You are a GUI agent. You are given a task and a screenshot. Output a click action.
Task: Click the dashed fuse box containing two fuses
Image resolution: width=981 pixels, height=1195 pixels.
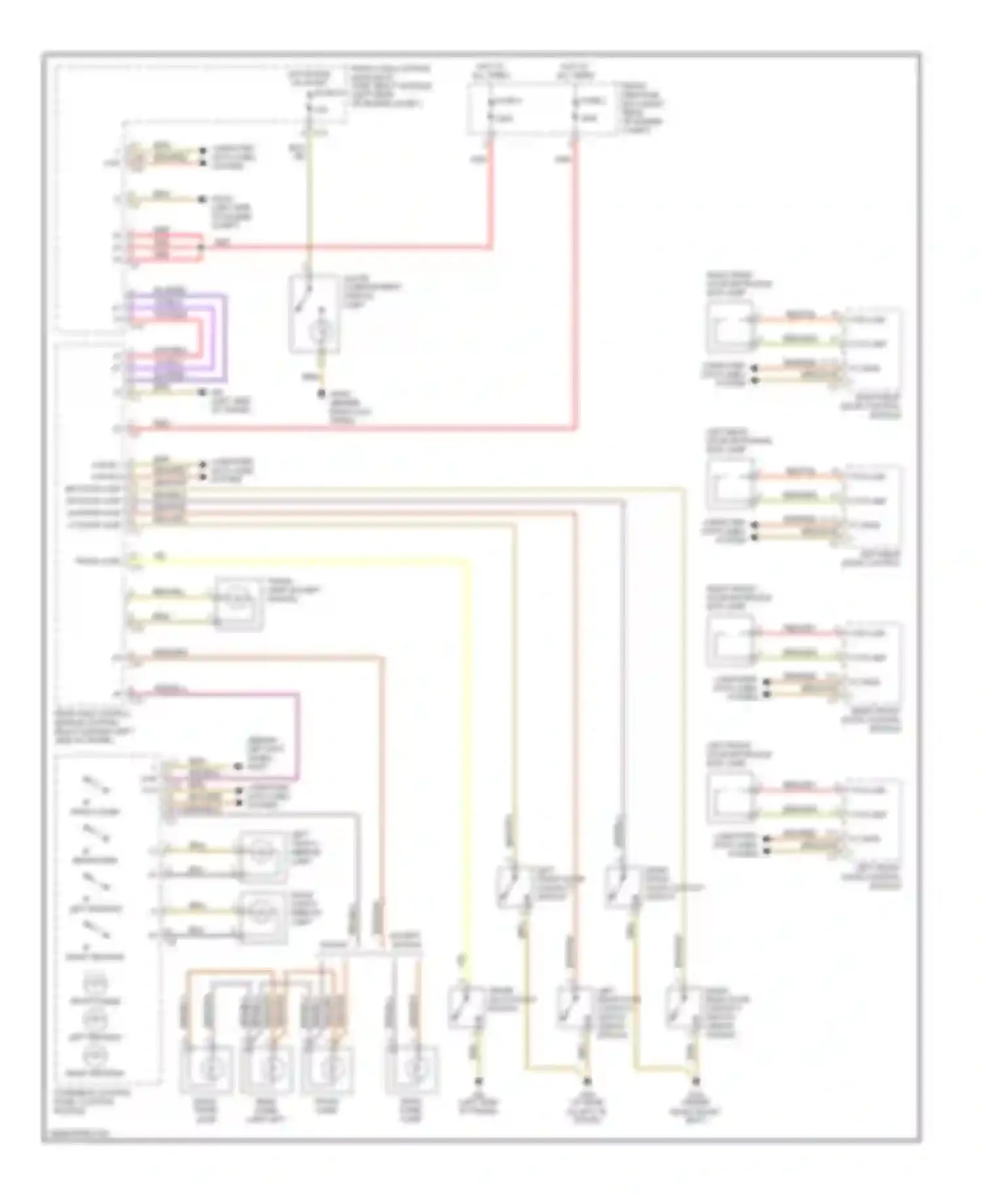[x=541, y=109]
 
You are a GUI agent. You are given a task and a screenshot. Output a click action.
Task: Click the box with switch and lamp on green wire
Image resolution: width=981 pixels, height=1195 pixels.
[x=315, y=314]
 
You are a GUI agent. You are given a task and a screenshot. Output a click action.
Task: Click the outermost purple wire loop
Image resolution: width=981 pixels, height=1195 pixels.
[x=226, y=338]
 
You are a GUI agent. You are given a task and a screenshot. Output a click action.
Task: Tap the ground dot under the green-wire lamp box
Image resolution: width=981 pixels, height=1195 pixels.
[x=321, y=394]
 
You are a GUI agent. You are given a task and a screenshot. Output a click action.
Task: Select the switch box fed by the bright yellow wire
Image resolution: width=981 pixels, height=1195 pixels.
[x=466, y=1005]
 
